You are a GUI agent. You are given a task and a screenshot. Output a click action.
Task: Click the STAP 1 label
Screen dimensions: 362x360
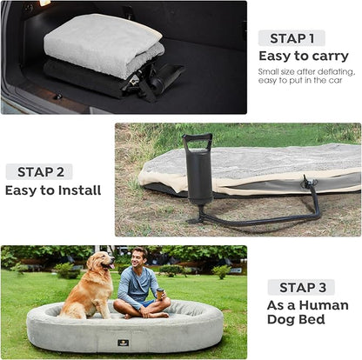point(292,38)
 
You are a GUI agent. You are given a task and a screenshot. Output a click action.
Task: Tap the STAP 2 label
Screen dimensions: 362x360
point(40,172)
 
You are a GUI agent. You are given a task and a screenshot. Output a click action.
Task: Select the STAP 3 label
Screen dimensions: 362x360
point(302,288)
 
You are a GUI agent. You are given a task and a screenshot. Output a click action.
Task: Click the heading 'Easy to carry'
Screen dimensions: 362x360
point(304,57)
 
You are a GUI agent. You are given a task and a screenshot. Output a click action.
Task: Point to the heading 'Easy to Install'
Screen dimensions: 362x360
point(53,190)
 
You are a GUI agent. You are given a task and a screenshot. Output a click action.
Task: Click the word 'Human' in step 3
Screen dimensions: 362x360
point(324,305)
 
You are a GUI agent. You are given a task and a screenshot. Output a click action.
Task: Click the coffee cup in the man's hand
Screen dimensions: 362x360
point(160,294)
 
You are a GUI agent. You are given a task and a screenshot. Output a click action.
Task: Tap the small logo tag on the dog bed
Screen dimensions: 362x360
point(124,343)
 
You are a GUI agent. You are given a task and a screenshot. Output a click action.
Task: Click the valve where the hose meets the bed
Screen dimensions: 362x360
point(309,182)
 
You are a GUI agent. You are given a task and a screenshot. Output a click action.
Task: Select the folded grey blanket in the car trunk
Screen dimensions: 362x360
point(104,44)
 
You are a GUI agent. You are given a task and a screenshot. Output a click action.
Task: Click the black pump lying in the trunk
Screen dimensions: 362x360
point(164,76)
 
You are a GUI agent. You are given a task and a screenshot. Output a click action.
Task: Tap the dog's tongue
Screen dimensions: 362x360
point(111,266)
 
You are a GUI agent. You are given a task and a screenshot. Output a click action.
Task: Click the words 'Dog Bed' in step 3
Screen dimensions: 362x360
point(296,320)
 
